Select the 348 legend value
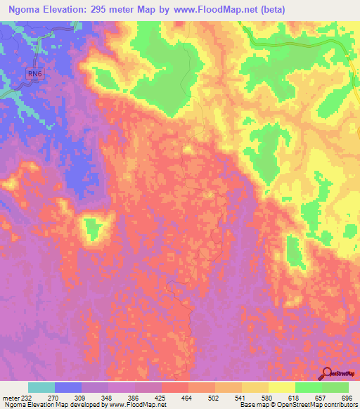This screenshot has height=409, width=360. (108, 397)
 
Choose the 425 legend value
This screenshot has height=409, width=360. (161, 397)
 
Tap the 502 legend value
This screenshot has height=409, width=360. (214, 397)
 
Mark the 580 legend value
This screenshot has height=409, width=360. (268, 397)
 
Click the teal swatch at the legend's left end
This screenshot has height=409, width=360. (41, 387)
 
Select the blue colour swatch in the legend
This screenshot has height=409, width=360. (67, 387)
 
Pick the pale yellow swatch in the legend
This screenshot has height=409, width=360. (281, 387)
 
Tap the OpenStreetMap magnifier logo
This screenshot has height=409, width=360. (327, 372)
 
